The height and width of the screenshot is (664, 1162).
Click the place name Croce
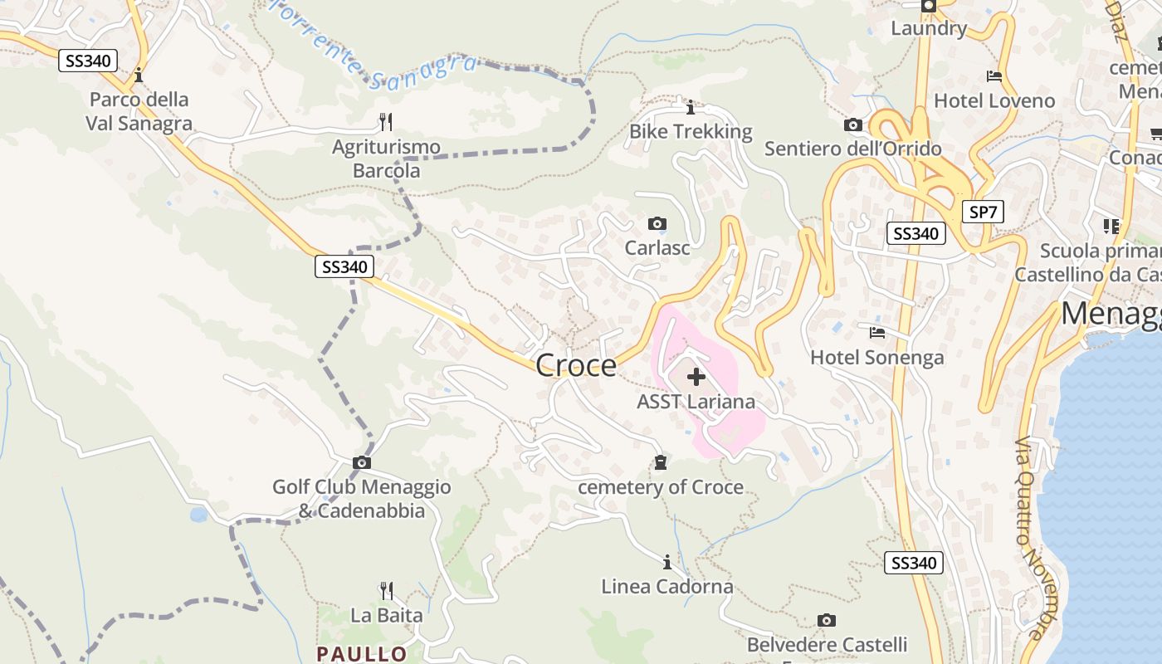point(576,365)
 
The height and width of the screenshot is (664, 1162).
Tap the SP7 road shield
point(983,212)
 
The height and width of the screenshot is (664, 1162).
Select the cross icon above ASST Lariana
point(696,378)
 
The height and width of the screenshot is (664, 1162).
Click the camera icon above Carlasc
point(657,224)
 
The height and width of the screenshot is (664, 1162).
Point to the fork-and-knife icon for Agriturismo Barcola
point(385,122)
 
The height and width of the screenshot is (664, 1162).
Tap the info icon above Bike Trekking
point(690,108)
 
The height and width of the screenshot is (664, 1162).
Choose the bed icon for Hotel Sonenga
point(876,333)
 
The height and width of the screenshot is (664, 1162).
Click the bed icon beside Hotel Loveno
point(994,76)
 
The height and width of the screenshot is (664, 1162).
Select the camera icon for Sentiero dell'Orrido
point(852,125)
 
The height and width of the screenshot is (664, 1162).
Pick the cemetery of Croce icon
point(661,462)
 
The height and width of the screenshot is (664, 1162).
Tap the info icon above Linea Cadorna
point(666,563)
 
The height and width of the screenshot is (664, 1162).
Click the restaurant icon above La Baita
point(386,591)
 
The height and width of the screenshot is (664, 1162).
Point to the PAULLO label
point(362,654)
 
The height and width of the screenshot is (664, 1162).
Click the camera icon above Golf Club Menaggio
point(362,462)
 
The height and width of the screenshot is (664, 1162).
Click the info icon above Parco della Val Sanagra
point(139,75)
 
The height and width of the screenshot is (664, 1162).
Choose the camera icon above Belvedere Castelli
point(826,620)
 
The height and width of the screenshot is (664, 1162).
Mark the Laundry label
point(929,28)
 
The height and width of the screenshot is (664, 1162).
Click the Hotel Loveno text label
point(994,101)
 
